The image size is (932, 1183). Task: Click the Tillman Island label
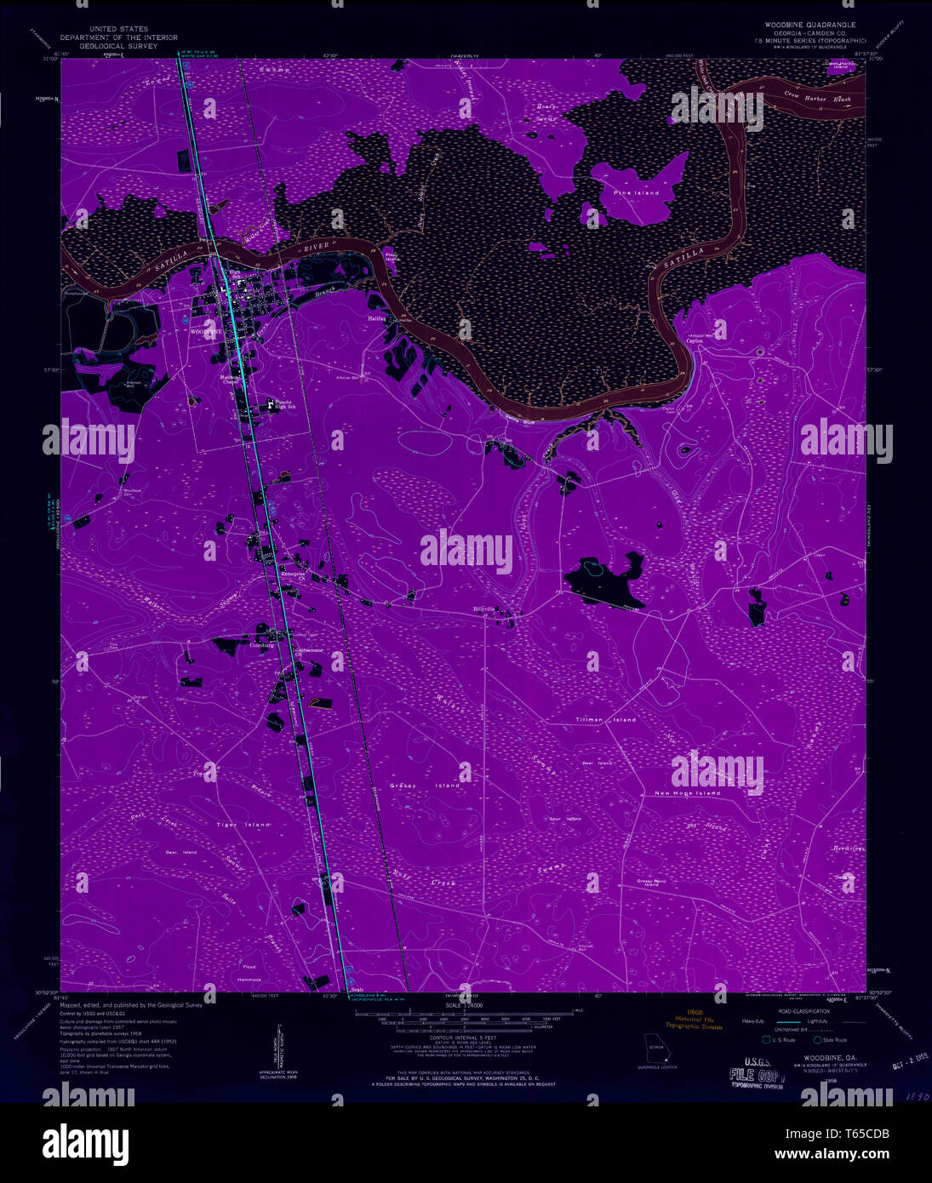click(605, 720)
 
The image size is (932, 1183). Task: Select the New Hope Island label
click(687, 793)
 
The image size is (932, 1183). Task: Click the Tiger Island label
click(243, 825)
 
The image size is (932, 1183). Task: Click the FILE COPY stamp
click(754, 1074)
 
